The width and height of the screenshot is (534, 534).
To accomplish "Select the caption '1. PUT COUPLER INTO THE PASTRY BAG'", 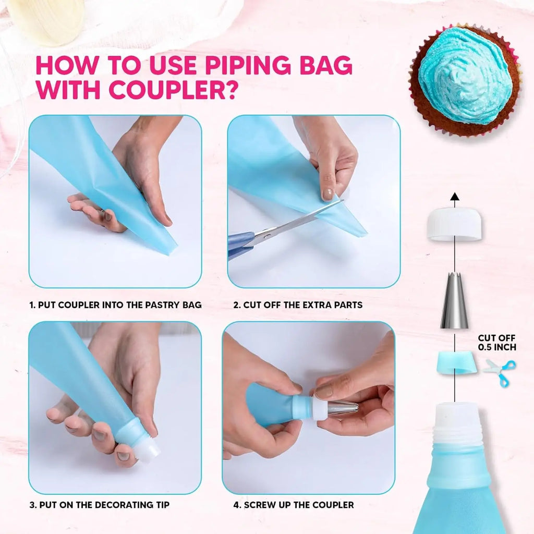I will tap(115, 305).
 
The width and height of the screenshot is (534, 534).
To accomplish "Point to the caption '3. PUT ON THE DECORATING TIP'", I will tap(99, 505).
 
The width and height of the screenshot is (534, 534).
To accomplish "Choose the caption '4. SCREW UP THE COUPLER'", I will tap(294, 505).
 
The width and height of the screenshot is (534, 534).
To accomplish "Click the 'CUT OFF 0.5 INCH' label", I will tap(497, 343).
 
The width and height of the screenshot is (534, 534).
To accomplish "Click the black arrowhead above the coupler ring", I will tap(455, 197).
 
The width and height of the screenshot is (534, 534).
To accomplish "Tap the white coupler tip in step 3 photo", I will tap(147, 452).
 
